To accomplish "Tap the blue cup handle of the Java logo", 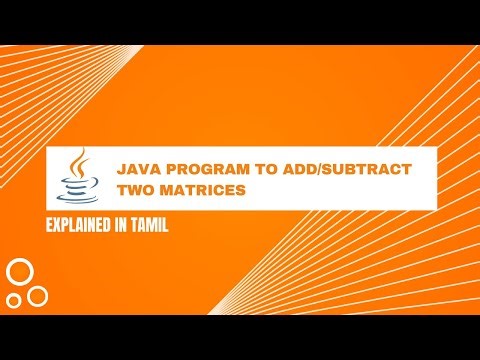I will tap(88, 181).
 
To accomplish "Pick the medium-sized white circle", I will tap(38, 296).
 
